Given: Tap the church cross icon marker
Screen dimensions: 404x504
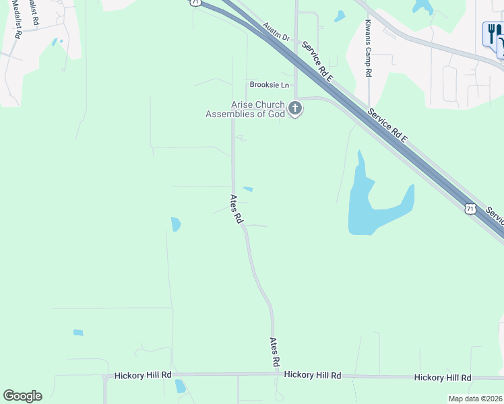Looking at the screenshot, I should pyautogui.click(x=295, y=108).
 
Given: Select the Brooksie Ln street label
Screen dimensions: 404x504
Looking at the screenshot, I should pyautogui.click(x=269, y=85).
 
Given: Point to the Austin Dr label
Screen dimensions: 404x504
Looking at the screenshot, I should pyautogui.click(x=276, y=32).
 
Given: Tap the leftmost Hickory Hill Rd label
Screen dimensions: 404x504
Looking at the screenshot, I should pyautogui.click(x=143, y=375).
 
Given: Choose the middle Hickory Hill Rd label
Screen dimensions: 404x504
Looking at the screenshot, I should pyautogui.click(x=313, y=375).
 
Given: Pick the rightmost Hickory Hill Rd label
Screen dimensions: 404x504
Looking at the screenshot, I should pyautogui.click(x=443, y=378).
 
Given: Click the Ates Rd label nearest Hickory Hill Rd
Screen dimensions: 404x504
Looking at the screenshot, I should pyautogui.click(x=275, y=352).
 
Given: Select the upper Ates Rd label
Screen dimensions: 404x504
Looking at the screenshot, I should pyautogui.click(x=236, y=209).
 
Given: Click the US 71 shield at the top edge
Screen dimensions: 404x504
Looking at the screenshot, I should pyautogui.click(x=195, y=3).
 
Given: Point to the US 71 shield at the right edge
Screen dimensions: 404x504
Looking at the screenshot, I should pyautogui.click(x=470, y=209).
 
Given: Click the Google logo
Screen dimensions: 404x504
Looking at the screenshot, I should pyautogui.click(x=22, y=396).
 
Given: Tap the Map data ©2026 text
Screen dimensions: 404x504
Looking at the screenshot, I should pyautogui.click(x=475, y=399).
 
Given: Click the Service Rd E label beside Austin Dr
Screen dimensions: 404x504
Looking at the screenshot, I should pyautogui.click(x=318, y=61).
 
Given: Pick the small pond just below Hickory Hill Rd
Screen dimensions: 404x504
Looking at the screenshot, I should pyautogui.click(x=180, y=386).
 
